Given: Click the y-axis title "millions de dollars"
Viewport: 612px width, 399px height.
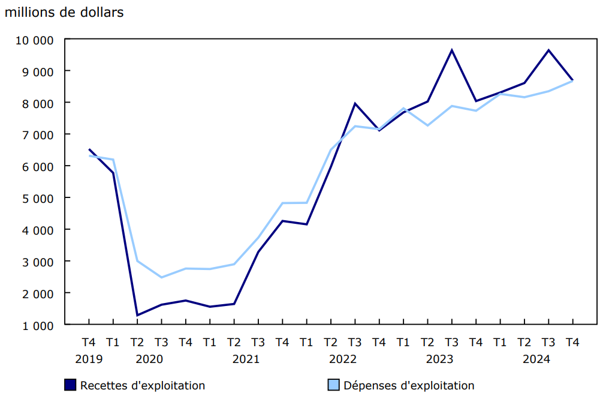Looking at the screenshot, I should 64,12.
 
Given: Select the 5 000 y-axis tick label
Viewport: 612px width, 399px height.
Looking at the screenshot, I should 38,199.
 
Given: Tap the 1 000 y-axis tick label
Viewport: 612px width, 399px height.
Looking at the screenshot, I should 38,325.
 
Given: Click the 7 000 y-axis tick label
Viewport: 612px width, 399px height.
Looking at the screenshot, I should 38,135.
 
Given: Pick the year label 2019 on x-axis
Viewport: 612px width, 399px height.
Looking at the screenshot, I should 89,359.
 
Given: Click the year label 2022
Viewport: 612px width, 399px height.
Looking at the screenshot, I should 343,359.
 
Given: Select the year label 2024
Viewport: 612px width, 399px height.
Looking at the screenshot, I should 536,359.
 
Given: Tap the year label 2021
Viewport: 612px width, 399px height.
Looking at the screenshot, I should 246,359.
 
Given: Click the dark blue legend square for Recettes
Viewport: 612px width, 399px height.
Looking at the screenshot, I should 70,385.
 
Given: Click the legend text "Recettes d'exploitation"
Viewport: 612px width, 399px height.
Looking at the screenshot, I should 143,386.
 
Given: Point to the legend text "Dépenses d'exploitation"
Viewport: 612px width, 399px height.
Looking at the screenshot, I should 409,386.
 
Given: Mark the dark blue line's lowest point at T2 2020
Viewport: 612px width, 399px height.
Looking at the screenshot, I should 137,315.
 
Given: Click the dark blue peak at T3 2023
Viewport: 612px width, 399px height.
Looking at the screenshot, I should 451,50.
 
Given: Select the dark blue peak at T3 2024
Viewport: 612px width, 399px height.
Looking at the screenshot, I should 548,50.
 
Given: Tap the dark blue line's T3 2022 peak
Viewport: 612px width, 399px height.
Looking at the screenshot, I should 355,103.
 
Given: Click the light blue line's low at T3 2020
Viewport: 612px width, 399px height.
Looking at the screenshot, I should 161,277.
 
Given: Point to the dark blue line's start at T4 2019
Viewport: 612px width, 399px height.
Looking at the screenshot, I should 89,149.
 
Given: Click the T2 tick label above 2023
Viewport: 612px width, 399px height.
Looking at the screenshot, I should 427,343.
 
